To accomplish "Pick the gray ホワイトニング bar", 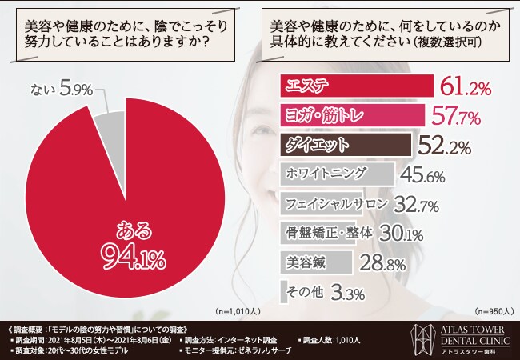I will click(x=337, y=174).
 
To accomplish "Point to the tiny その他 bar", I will click(x=284, y=291).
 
